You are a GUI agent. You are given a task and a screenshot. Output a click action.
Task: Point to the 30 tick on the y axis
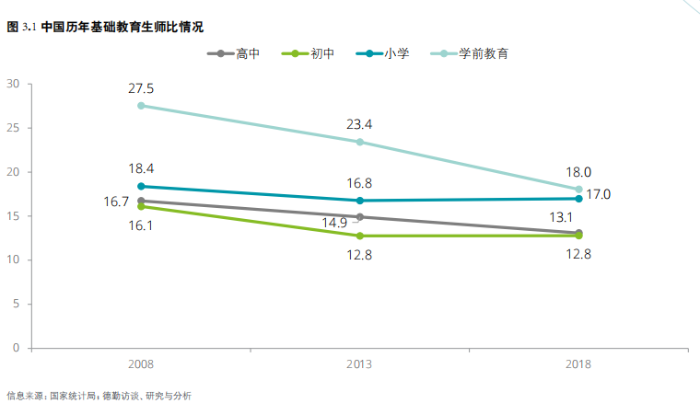13,84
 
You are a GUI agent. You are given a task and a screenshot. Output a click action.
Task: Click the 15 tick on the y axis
13,216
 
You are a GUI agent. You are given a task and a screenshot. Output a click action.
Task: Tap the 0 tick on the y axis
17,349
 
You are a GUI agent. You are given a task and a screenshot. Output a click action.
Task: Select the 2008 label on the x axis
141,364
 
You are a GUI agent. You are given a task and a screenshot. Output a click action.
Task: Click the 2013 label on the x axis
359,364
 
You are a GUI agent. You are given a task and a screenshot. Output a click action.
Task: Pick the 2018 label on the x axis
578,364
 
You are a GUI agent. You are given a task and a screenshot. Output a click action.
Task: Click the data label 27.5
141,88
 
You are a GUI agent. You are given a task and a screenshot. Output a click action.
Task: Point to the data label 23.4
359,124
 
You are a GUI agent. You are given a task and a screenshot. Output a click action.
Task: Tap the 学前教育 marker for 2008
141,106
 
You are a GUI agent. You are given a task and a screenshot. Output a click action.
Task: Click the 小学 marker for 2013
359,201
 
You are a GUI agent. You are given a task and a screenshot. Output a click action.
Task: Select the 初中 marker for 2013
359,236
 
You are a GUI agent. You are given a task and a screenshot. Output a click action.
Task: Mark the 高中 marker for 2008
141,201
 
